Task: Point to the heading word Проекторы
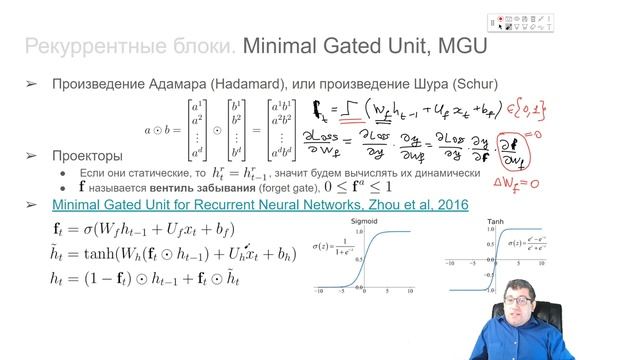[x=88, y=156]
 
